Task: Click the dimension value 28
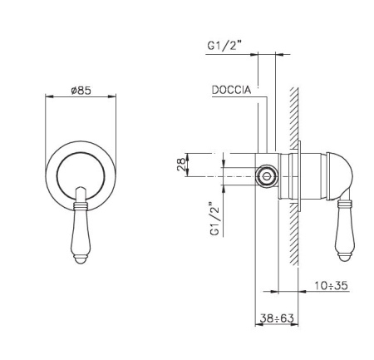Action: [x=180, y=165]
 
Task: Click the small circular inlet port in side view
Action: [x=268, y=176]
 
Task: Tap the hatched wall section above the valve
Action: [x=296, y=116]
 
